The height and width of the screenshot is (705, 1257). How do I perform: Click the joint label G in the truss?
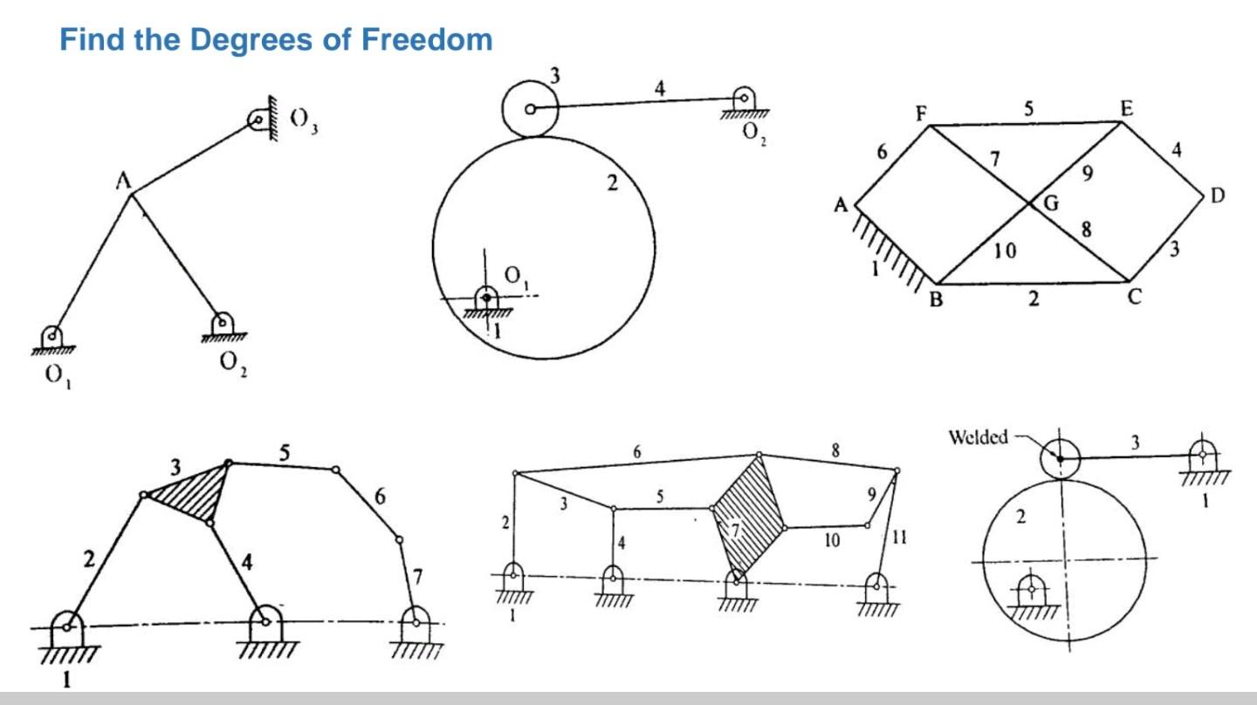[x=1051, y=204]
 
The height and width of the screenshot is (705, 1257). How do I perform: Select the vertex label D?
[x=1218, y=196]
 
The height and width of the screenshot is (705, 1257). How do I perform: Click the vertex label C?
[x=1135, y=297]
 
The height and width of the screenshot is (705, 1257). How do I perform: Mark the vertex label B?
[x=936, y=300]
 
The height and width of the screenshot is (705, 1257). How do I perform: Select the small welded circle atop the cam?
[x=1059, y=457]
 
